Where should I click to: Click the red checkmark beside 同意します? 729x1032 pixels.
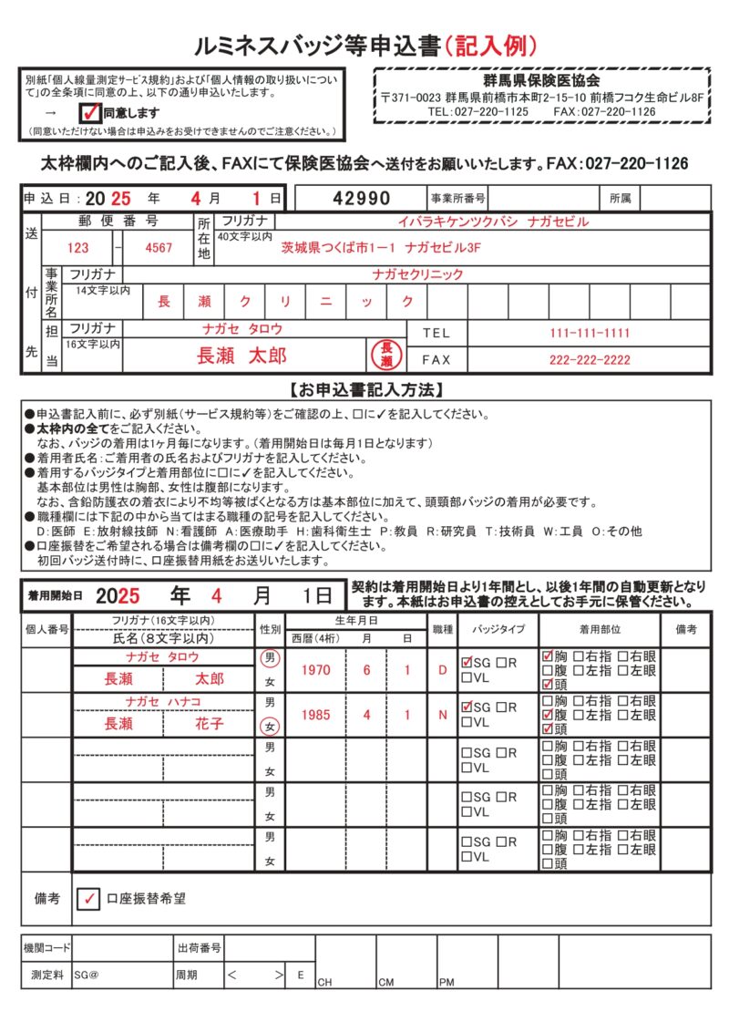click(x=90, y=112)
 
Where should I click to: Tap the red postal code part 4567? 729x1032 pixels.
click(x=159, y=247)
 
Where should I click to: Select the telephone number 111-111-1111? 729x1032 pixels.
click(x=590, y=333)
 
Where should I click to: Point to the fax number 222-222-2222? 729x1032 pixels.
click(x=590, y=359)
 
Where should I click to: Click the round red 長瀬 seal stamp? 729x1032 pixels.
click(x=385, y=356)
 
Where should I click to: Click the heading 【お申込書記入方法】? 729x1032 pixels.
click(x=365, y=390)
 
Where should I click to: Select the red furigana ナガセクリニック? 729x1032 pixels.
click(x=417, y=273)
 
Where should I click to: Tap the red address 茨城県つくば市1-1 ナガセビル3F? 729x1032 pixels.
click(x=381, y=247)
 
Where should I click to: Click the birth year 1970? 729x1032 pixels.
click(x=315, y=670)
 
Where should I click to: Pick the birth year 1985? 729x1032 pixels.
click(x=315, y=715)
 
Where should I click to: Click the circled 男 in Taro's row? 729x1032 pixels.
click(x=269, y=657)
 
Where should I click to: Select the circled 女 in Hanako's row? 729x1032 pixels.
click(x=269, y=727)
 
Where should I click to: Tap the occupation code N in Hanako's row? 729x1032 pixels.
click(x=443, y=715)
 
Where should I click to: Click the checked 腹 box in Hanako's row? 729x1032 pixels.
click(x=548, y=716)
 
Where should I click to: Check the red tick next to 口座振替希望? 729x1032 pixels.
click(x=89, y=899)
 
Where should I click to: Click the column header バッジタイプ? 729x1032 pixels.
click(x=498, y=629)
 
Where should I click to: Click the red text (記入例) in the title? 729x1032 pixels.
click(x=490, y=44)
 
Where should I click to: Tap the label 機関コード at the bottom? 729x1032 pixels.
click(x=47, y=948)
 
